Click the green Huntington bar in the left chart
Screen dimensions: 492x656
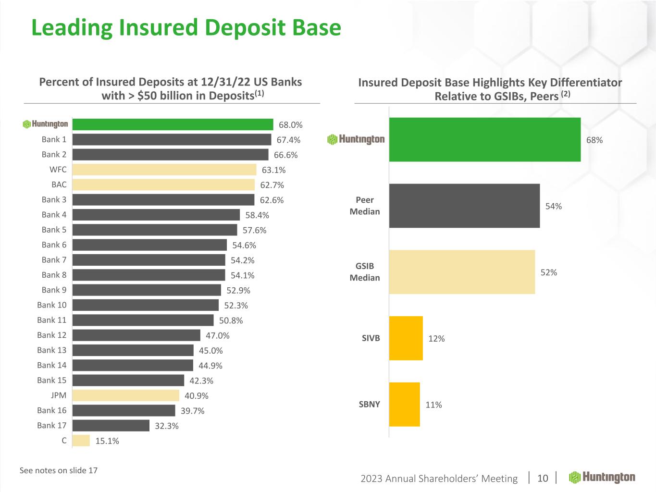[173, 124]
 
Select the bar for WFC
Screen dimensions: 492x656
[164, 170]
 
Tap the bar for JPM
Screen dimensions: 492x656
[125, 395]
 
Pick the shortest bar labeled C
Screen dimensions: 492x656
[81, 441]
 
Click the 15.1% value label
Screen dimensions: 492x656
[107, 441]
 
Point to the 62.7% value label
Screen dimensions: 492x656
[272, 185]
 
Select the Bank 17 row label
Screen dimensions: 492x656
[52, 425]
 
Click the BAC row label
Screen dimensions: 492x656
[59, 184]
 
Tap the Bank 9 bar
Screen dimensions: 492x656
[147, 290]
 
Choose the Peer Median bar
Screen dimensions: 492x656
[464, 206]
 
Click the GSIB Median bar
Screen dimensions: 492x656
[462, 272]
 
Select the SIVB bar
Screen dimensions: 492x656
[406, 338]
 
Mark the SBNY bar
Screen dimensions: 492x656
[404, 405]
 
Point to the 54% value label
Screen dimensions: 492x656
[553, 206]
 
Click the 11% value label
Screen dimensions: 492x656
[433, 405]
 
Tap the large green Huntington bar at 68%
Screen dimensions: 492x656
[484, 139]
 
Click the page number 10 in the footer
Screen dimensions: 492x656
[543, 478]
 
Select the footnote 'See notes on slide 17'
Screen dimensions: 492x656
[59, 470]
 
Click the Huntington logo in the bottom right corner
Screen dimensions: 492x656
[602, 477]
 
